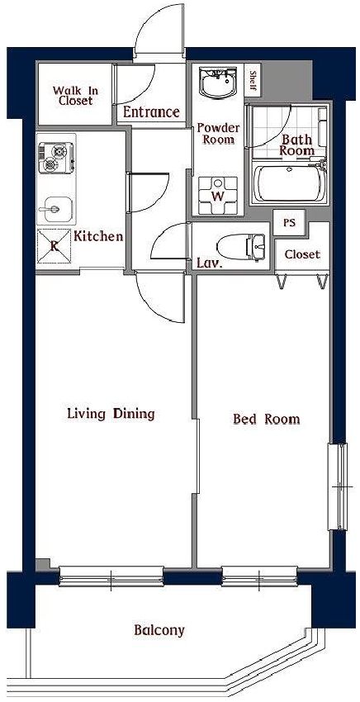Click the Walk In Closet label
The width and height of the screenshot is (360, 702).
(x=75, y=95)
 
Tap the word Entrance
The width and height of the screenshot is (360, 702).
(x=151, y=112)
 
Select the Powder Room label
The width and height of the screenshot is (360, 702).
(x=219, y=134)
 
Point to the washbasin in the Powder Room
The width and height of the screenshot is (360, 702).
(x=218, y=82)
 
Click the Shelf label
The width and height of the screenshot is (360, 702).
(x=253, y=81)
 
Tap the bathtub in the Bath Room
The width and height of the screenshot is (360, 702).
(x=289, y=183)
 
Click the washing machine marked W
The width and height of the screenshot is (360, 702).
(x=218, y=195)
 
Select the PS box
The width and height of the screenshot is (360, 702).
(x=290, y=222)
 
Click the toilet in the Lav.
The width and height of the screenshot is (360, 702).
(x=241, y=247)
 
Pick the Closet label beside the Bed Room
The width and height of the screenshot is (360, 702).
(x=303, y=254)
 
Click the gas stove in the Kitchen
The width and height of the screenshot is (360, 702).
(x=56, y=158)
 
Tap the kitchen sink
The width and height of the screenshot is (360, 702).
(x=55, y=209)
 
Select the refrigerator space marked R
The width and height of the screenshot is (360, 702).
(x=54, y=246)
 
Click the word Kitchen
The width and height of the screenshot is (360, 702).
(x=98, y=236)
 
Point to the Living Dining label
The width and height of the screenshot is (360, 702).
(x=111, y=414)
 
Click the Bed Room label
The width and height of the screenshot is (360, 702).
(x=267, y=420)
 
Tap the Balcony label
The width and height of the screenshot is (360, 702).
(x=159, y=631)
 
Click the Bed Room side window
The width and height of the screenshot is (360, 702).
(x=337, y=486)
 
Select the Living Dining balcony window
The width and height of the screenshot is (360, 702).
(x=111, y=576)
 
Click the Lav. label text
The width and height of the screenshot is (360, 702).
(x=210, y=263)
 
